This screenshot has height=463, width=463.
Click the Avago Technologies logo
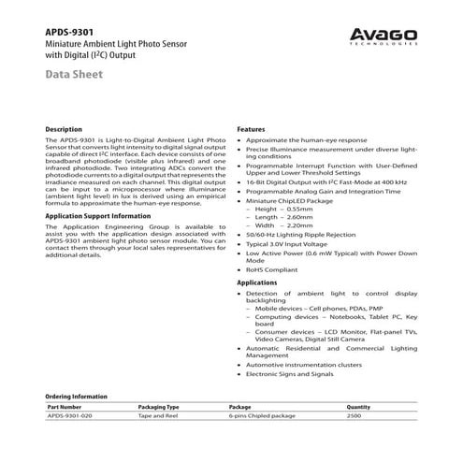click(380, 35)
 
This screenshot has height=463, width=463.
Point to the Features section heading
click(252, 128)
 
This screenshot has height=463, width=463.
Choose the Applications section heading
click(257, 282)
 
